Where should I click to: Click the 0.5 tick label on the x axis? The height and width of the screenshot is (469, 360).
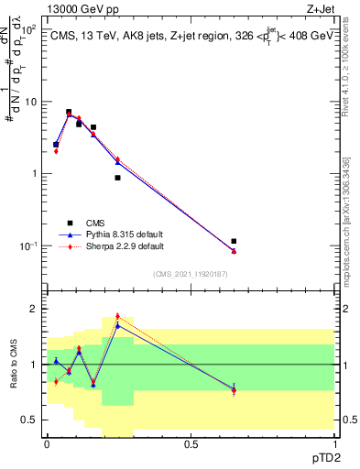pyautogui.click(x=191, y=443)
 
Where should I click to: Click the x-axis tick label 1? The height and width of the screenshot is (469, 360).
pyautogui.click(x=334, y=443)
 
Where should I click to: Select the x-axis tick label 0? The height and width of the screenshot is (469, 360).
pyautogui.click(x=47, y=443)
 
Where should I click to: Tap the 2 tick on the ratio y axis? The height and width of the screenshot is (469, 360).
pyautogui.click(x=36, y=309)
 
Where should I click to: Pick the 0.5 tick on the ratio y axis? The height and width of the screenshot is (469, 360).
pyautogui.click(x=32, y=420)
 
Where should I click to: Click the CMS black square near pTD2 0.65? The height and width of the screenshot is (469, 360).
pyautogui.click(x=234, y=241)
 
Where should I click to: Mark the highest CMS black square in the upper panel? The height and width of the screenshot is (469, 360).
pyautogui.click(x=69, y=112)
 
